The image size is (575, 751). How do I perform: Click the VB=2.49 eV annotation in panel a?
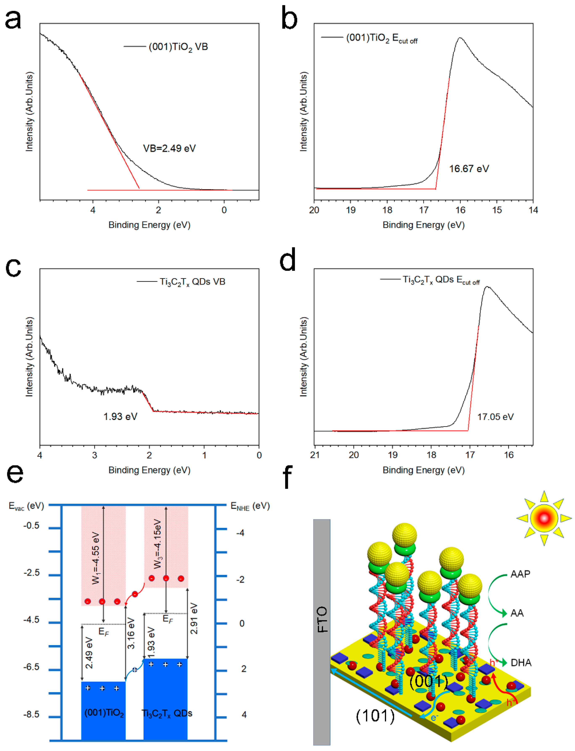point(169,148)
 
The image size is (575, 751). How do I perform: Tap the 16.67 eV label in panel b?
point(469,169)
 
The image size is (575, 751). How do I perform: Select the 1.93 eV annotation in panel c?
point(120,416)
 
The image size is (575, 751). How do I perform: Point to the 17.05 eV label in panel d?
point(495,417)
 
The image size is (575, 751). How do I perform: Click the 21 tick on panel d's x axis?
point(315,455)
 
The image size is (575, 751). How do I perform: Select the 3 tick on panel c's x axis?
point(94,455)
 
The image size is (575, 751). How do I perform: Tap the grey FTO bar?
point(322,633)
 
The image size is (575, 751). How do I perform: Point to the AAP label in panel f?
point(520,574)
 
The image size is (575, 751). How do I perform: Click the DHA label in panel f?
point(521,663)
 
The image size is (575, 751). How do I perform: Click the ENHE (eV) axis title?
point(250,506)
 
